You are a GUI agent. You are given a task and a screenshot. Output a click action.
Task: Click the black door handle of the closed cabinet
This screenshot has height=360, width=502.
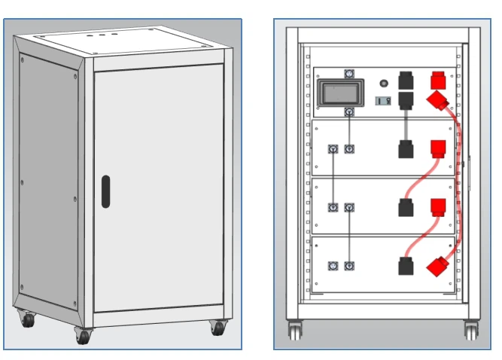(x=105, y=191)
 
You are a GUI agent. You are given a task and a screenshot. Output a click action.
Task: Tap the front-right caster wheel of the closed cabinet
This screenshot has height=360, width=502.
(x=219, y=328)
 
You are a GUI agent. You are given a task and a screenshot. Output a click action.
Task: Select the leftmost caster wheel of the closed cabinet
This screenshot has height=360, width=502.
(x=28, y=319)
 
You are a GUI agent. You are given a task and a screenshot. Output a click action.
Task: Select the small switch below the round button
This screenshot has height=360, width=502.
(x=382, y=101)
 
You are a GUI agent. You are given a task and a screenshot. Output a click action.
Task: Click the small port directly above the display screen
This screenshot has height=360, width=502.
(x=348, y=74)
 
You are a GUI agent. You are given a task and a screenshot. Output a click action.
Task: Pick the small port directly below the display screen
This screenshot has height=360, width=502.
(x=348, y=111)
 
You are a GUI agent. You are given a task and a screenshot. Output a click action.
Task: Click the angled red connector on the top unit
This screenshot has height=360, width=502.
(x=437, y=102)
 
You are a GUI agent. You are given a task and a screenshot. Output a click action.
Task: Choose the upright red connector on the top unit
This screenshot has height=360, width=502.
(x=437, y=81)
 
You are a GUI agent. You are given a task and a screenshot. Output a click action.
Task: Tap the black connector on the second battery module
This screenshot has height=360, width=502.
(x=405, y=148)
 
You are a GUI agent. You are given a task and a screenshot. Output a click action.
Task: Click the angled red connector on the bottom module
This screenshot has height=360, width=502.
(x=437, y=266)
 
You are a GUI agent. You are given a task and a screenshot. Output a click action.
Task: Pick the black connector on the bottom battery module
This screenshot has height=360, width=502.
(x=405, y=266)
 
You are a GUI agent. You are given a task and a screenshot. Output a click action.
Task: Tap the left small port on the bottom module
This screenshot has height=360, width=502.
(x=333, y=266)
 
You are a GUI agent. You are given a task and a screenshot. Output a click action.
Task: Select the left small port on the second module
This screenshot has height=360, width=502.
(x=333, y=149)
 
